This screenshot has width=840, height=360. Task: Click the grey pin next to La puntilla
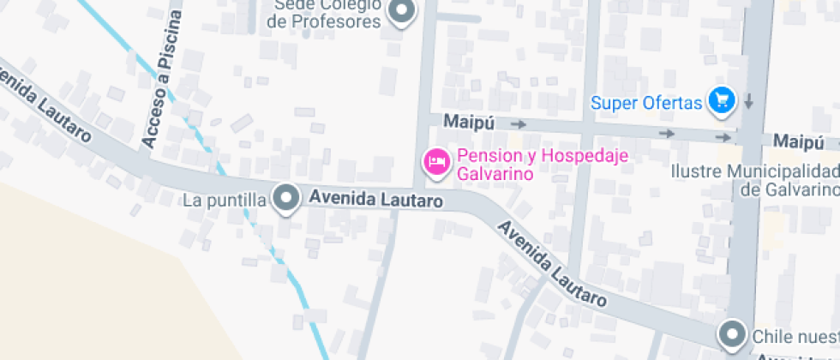285,199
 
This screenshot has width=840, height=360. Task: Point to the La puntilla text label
225,201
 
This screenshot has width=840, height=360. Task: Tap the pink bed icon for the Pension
437,163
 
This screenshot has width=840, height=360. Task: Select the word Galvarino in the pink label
495,174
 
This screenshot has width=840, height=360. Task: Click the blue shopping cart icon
723,100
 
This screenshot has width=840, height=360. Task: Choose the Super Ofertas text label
646,104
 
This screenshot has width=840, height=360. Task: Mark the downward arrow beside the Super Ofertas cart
748,101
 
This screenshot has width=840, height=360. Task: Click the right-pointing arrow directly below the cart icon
724,136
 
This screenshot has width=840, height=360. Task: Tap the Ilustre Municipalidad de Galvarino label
754,180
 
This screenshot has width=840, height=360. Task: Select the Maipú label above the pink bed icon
469,123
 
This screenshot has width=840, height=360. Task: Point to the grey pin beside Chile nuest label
731,333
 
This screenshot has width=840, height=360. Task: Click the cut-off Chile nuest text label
795,335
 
